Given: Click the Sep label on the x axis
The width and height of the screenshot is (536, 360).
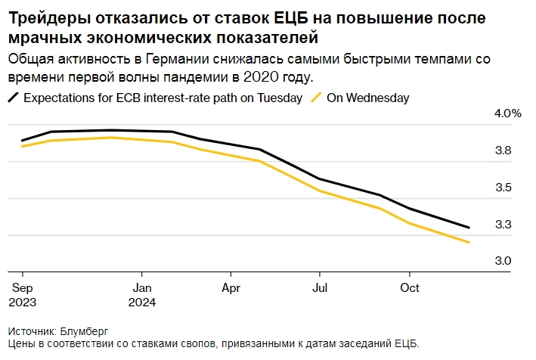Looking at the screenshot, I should pos(22,288).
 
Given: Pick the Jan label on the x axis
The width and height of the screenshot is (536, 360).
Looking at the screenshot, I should pos(142,288).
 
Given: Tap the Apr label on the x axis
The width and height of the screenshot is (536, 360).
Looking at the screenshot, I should pos(231,288).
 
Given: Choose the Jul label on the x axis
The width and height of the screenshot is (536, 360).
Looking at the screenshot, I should pos(320,288).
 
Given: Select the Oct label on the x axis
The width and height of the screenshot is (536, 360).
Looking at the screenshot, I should pos(409,288).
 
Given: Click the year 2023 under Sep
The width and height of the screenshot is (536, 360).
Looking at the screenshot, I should pos(23,302).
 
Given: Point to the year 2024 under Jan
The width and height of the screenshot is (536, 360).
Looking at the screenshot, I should pos(144,302).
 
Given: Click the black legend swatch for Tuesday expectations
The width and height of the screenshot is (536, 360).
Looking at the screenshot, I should pos(14,98).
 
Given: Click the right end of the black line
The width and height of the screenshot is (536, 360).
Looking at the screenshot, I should pos(469,228).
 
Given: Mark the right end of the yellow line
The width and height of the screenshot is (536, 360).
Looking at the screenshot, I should pos(469,243).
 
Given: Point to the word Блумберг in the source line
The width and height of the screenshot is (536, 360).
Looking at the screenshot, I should pos(85,331).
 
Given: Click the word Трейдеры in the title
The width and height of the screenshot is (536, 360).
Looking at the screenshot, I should pos(44,17).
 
